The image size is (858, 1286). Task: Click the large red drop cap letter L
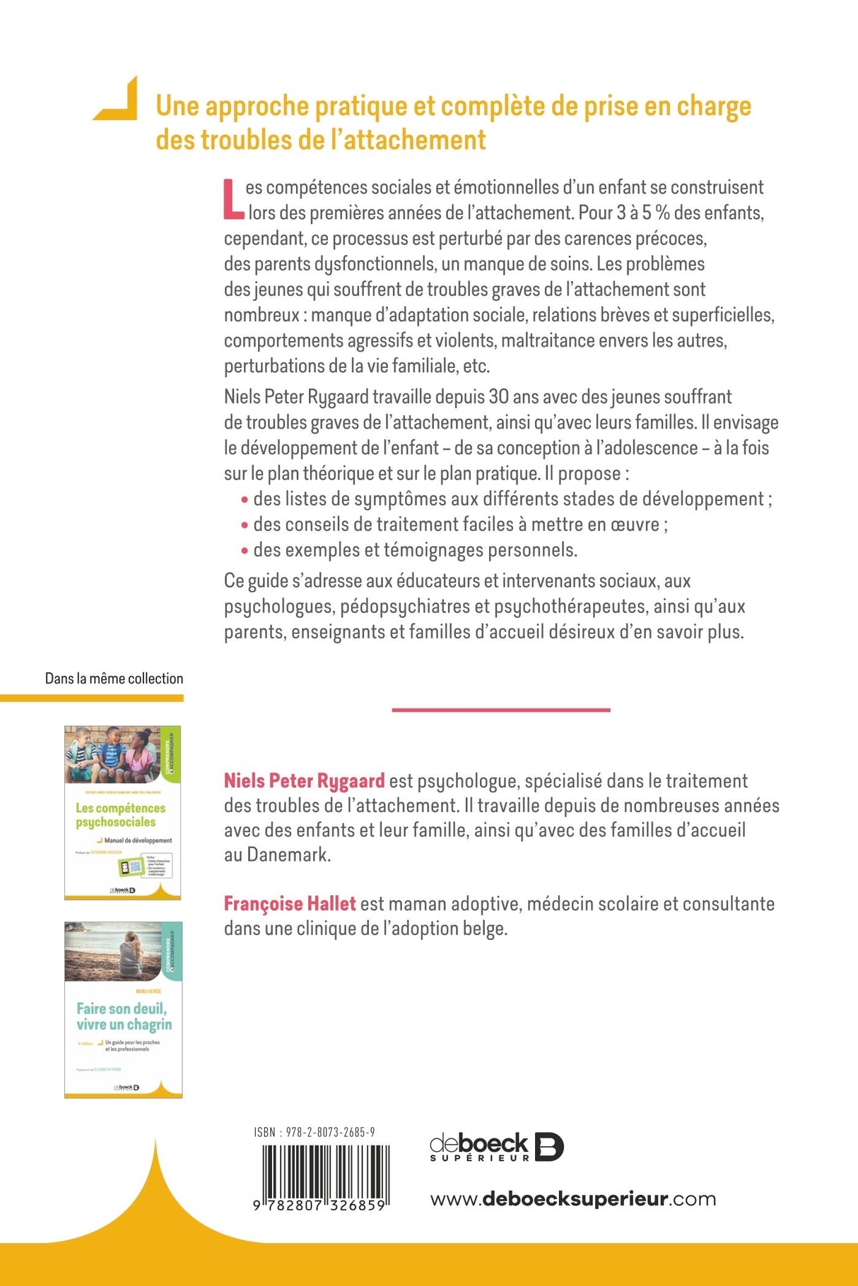(234, 199)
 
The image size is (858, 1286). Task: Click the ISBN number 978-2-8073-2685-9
(315, 1133)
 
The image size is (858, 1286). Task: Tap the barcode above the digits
(324, 1169)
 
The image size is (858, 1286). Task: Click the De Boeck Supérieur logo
(496, 1148)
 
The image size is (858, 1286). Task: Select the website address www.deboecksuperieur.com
(572, 1199)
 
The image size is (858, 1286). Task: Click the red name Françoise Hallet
(290, 904)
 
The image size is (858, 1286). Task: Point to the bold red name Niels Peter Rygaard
(305, 781)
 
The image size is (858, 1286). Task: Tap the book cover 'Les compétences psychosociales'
(122, 813)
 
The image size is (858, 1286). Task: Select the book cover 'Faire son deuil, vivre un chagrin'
(123, 1010)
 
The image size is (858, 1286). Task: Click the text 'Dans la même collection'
(114, 679)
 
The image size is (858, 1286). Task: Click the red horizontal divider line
(500, 710)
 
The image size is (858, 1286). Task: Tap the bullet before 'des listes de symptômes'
(245, 500)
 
